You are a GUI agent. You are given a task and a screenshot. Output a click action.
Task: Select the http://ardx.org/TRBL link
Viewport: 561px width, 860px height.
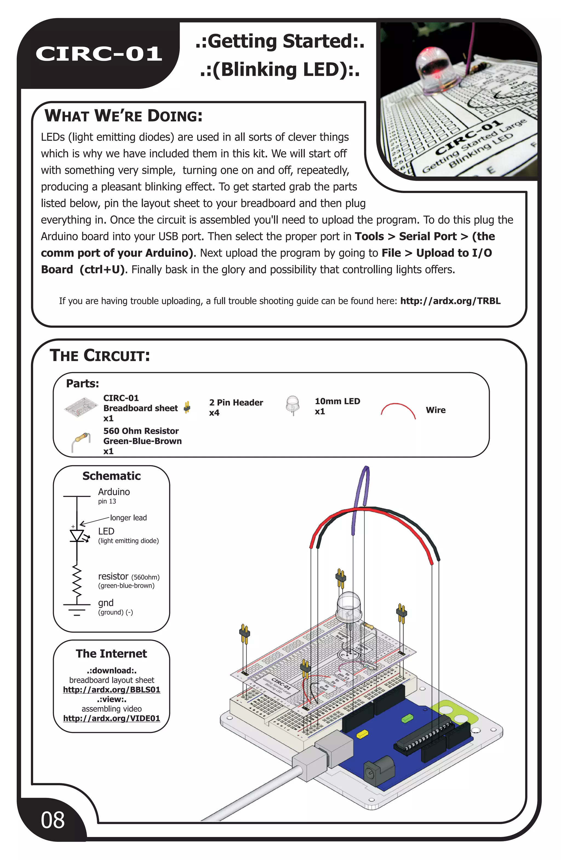click(450, 301)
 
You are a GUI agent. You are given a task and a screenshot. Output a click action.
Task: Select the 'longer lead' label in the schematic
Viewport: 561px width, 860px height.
click(128, 517)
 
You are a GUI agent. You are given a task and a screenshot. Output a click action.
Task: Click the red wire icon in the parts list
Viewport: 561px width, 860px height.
click(398, 410)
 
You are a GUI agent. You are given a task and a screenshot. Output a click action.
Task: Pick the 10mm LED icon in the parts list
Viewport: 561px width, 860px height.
click(293, 405)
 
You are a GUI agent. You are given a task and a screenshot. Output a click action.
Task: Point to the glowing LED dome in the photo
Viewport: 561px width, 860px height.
click(437, 67)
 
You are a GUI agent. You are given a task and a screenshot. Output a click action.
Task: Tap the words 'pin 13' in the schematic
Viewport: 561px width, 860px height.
click(107, 501)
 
